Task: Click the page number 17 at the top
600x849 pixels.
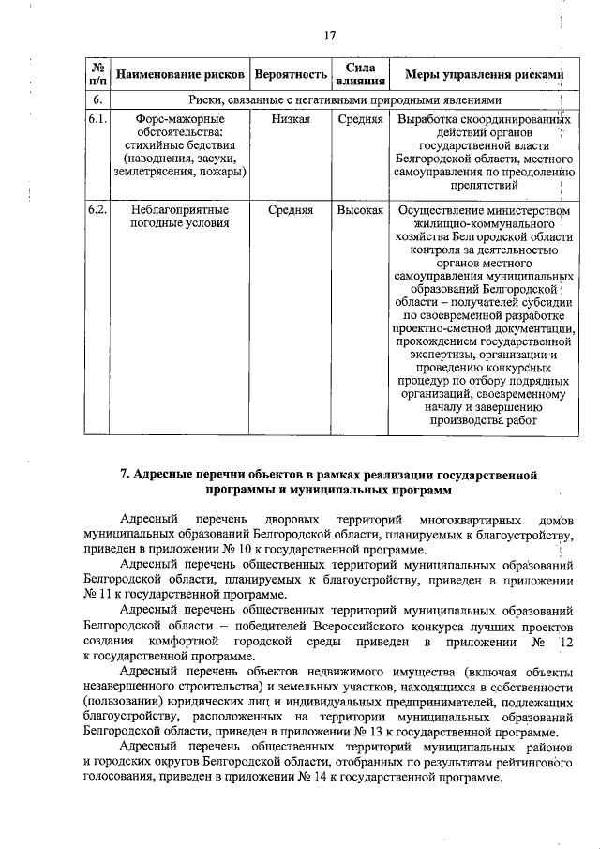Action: [x=329, y=36]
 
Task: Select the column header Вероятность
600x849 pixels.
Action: [x=290, y=74]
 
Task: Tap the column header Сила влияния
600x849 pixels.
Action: [x=361, y=74]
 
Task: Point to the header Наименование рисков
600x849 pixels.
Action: [x=180, y=74]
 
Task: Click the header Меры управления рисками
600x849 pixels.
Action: [x=484, y=74]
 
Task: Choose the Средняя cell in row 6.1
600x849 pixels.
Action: [x=361, y=120]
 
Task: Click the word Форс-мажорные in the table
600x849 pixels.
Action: [x=180, y=120]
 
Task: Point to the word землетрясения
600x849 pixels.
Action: [x=151, y=173]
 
